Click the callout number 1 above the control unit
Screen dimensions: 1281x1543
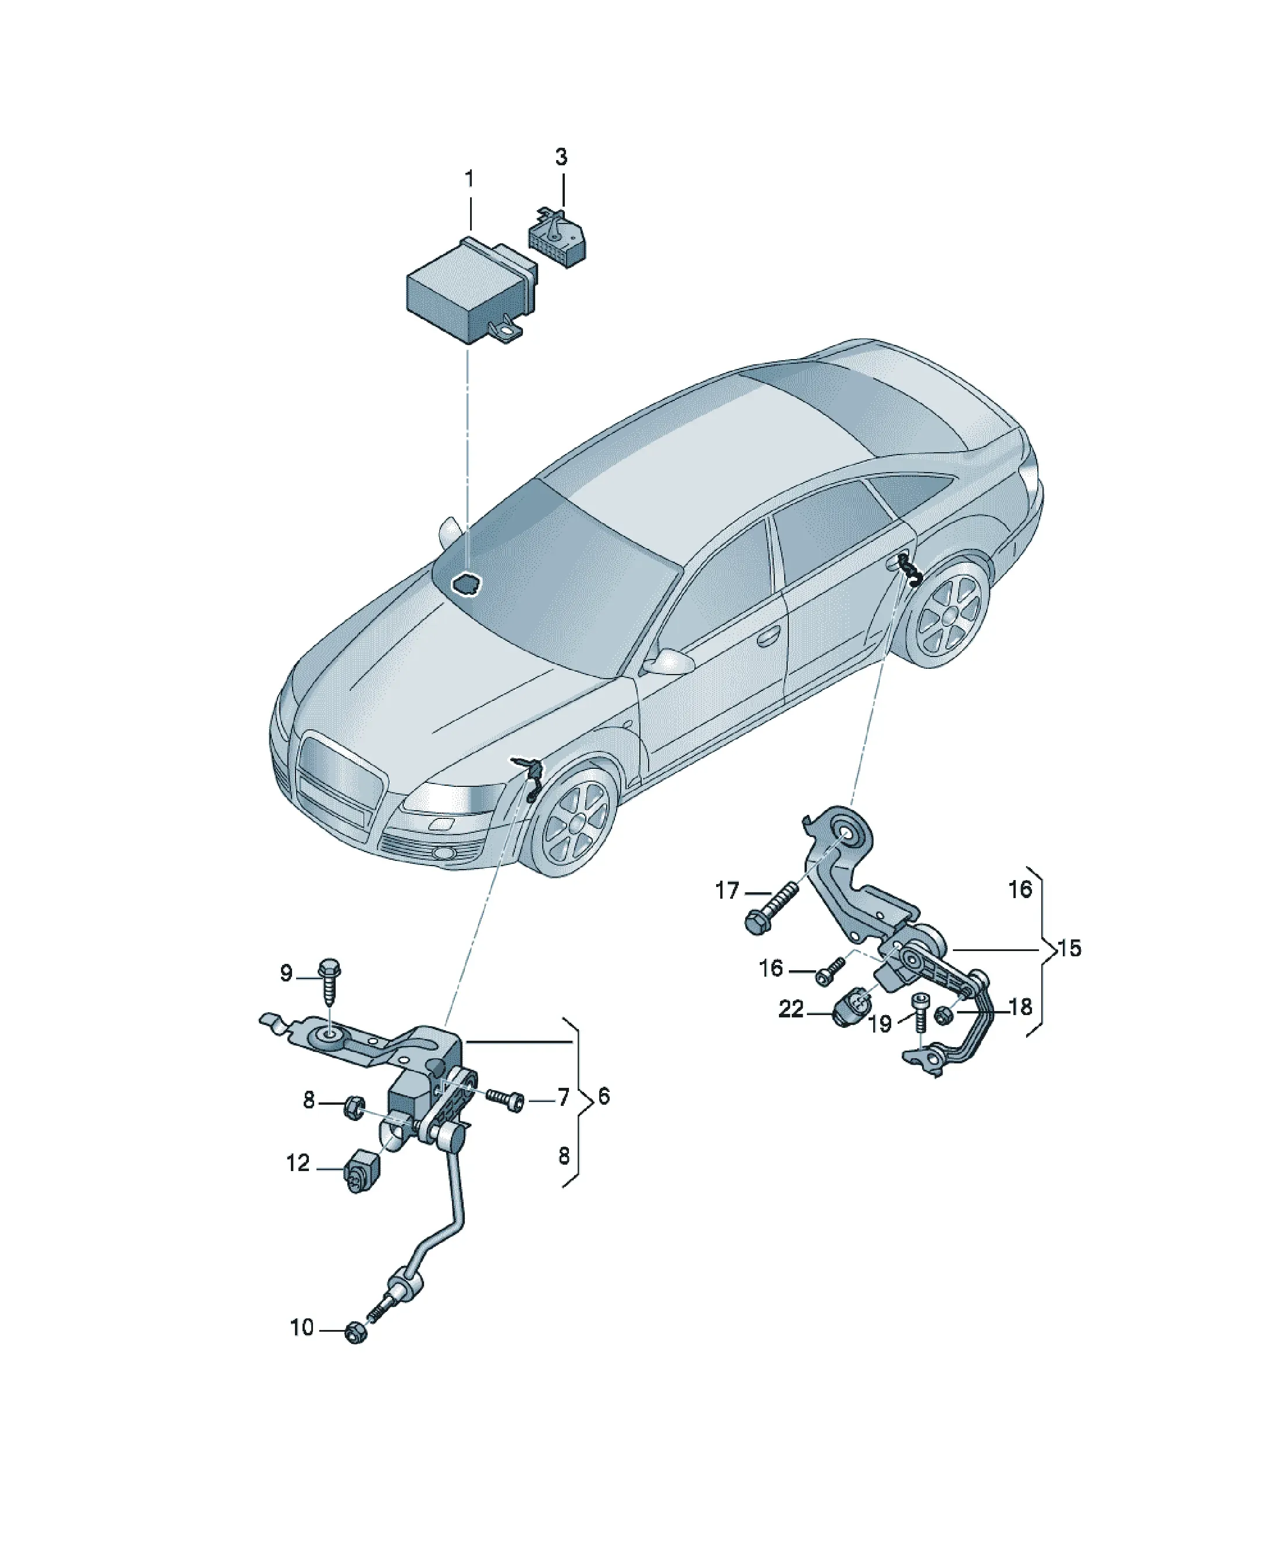pyautogui.click(x=469, y=179)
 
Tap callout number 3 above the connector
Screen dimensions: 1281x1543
pyautogui.click(x=561, y=157)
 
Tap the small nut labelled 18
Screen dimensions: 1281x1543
pyautogui.click(x=946, y=1016)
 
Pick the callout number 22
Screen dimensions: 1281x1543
pyautogui.click(x=791, y=1009)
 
